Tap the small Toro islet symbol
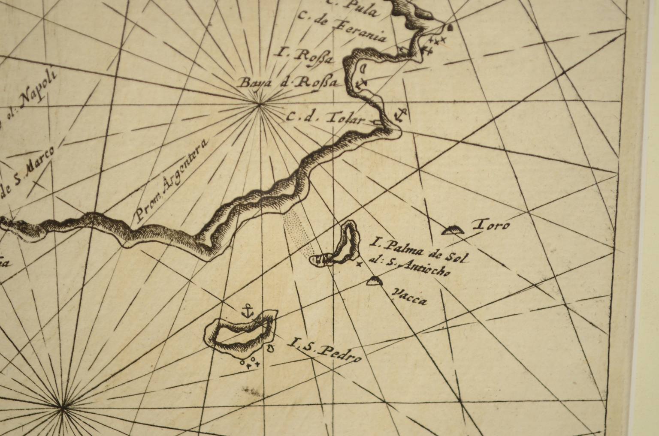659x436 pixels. click(x=453, y=231)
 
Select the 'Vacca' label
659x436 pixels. click(x=410, y=297)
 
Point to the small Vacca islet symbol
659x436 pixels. click(x=375, y=281)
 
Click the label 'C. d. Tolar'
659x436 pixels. click(x=324, y=118)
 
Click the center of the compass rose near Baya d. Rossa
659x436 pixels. click(x=259, y=104)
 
